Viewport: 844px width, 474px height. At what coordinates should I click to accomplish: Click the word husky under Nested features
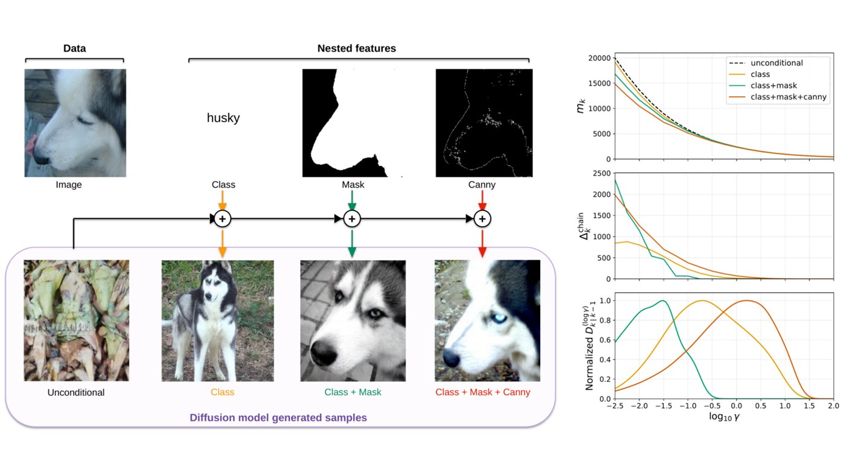pyautogui.click(x=223, y=118)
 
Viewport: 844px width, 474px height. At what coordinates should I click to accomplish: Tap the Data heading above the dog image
pyautogui.click(x=74, y=48)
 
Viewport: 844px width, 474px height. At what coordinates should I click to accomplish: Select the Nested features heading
pyautogui.click(x=356, y=48)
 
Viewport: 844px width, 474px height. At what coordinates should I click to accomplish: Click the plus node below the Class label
pyautogui.click(x=222, y=219)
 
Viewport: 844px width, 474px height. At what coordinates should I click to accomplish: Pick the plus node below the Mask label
pyautogui.click(x=352, y=219)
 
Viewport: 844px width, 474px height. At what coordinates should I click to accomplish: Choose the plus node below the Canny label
pyautogui.click(x=482, y=219)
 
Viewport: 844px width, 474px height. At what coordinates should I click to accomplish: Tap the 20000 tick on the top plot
pyautogui.click(x=599, y=58)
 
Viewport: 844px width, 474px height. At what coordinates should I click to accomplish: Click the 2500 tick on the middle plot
pyautogui.click(x=602, y=173)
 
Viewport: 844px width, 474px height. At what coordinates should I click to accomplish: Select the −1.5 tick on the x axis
pyautogui.click(x=664, y=406)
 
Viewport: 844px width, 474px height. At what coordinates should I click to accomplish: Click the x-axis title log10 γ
pyautogui.click(x=724, y=417)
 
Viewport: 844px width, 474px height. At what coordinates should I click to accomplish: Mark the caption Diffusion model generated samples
pyautogui.click(x=278, y=417)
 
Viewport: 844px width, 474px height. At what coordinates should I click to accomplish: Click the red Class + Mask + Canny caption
pyautogui.click(x=483, y=392)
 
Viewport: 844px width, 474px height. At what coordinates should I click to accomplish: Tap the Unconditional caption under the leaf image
pyautogui.click(x=76, y=392)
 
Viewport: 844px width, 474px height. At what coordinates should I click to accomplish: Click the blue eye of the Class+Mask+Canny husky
pyautogui.click(x=499, y=319)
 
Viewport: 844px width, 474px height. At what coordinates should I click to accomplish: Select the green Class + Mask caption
pyautogui.click(x=353, y=392)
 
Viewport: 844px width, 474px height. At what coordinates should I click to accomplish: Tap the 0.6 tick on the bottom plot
pyautogui.click(x=605, y=340)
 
